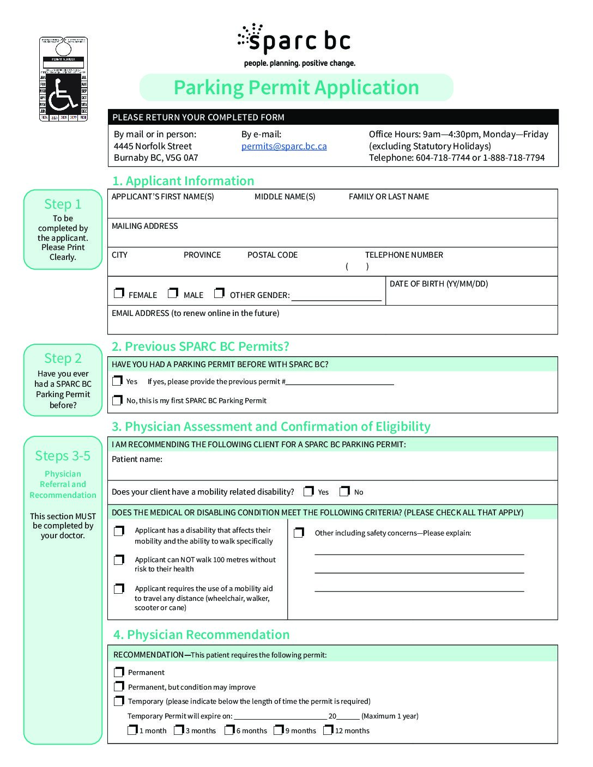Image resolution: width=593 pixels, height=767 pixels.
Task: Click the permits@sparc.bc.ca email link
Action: pyautogui.click(x=284, y=146)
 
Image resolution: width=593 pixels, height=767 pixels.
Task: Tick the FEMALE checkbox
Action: pyautogui.click(x=119, y=293)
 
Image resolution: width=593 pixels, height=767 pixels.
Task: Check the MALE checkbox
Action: pyautogui.click(x=173, y=293)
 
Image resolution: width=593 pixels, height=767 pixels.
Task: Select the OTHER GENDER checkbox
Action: pyautogui.click(x=219, y=293)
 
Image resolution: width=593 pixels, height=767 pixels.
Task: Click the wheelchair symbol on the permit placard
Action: pyautogui.click(x=63, y=97)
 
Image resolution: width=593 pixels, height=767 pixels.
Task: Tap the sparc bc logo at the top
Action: pyautogui.click(x=294, y=40)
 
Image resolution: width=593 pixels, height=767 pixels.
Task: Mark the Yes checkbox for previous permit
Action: pyautogui.click(x=117, y=381)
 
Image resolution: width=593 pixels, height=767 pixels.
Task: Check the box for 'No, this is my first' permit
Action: pyautogui.click(x=117, y=400)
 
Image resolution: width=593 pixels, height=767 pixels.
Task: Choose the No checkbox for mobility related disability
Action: pyautogui.click(x=344, y=491)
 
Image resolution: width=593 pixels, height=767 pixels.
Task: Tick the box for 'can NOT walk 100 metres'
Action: pyautogui.click(x=119, y=560)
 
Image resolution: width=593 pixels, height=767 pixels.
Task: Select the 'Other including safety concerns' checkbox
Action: pyautogui.click(x=299, y=532)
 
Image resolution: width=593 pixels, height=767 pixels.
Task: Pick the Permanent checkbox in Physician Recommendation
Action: pyautogui.click(x=119, y=672)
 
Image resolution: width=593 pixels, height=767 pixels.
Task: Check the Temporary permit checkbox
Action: pyautogui.click(x=119, y=701)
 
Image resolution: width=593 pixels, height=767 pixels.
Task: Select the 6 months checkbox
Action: pyautogui.click(x=229, y=730)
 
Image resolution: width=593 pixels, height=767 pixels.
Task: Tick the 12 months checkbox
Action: pyautogui.click(x=328, y=730)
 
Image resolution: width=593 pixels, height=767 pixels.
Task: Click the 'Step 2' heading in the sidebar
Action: pyautogui.click(x=63, y=358)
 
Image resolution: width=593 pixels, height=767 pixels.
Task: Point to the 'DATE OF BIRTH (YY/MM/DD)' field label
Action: pyautogui.click(x=439, y=284)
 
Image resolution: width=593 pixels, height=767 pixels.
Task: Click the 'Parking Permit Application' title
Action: pyautogui.click(x=296, y=88)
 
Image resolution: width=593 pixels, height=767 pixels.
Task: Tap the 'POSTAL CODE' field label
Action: pyautogui.click(x=273, y=255)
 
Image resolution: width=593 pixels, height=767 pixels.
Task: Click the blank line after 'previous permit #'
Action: pyautogui.click(x=340, y=381)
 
